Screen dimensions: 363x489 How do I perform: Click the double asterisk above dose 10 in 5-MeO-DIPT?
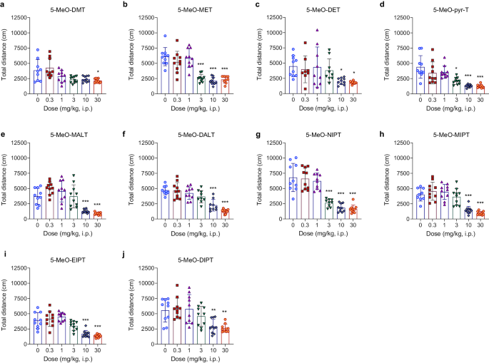213,311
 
